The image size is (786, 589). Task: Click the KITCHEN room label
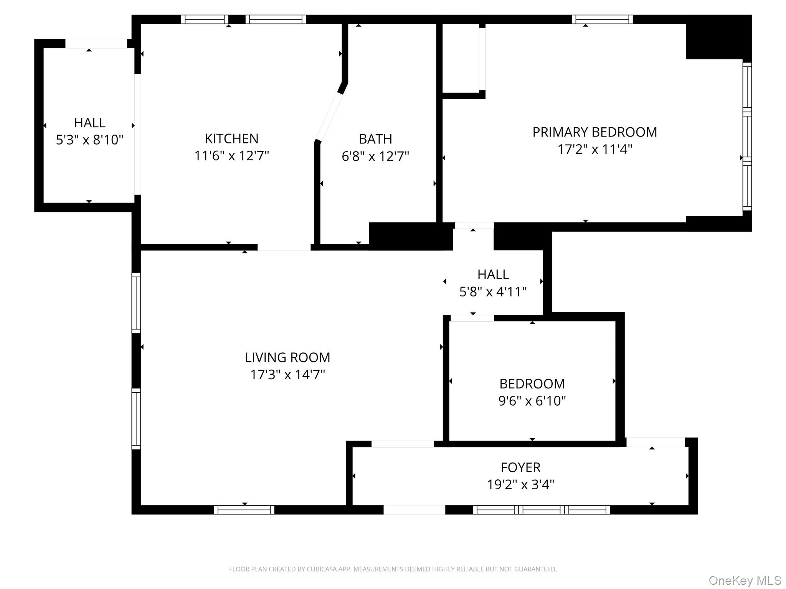click(231, 138)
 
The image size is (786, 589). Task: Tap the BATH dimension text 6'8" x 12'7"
click(375, 156)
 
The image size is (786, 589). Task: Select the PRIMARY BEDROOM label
click(594, 132)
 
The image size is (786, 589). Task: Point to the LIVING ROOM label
click(287, 357)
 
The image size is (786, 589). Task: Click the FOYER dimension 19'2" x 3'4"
click(520, 485)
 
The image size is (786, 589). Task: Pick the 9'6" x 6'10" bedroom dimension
click(532, 401)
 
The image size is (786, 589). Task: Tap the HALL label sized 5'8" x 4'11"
click(493, 275)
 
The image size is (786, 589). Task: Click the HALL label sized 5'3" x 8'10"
click(89, 123)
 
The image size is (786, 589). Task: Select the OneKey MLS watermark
click(745, 581)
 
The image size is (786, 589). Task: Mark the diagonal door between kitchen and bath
click(329, 117)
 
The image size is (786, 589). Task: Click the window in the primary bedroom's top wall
click(602, 20)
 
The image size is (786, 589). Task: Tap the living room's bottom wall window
click(244, 510)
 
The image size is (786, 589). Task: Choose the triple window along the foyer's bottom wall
click(541, 510)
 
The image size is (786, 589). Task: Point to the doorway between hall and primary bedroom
click(474, 225)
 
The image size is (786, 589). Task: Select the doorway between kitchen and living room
click(284, 247)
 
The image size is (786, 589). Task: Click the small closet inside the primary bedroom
click(461, 58)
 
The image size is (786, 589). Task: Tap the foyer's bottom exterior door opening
click(414, 510)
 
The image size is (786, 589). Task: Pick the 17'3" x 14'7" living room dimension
click(287, 375)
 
